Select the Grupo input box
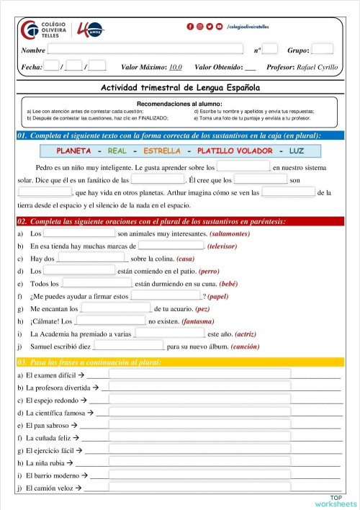point(322,50)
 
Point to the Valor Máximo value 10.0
point(175,67)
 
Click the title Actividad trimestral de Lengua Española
point(180,87)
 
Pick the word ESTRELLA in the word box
point(162,151)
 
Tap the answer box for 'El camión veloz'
point(199,489)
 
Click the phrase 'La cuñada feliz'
point(49,437)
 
